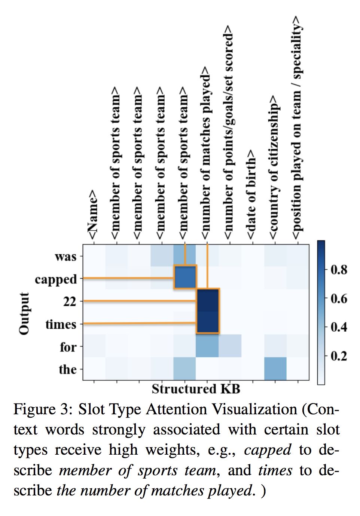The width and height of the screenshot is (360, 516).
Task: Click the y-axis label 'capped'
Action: pos(56,279)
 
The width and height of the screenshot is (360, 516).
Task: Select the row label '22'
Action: pos(70,301)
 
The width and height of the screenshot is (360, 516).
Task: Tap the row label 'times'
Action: pos(61,324)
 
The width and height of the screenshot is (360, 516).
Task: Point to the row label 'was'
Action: pos(65,257)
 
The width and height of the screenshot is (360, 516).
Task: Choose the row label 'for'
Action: pos(68,347)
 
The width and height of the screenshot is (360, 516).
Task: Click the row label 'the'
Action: pos(68,369)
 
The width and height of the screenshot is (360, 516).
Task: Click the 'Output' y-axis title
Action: pos(24,313)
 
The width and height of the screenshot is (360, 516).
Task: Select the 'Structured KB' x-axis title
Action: pos(196,389)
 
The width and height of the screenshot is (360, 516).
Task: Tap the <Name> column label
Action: pos(92,215)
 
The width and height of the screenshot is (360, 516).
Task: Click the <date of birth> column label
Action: pos(251,194)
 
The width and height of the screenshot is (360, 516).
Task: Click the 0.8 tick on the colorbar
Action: pos(339,270)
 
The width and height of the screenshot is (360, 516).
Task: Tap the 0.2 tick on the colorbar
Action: pos(339,356)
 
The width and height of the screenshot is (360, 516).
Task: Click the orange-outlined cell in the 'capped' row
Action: pos(185,277)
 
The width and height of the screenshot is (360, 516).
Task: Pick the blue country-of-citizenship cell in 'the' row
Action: pos(275,369)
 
